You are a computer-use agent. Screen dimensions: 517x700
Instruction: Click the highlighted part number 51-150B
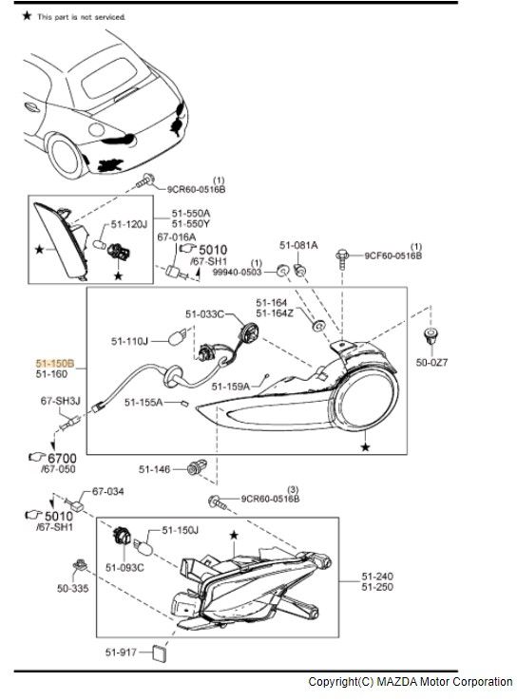[x=55, y=364]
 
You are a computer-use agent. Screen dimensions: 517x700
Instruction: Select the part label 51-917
[x=121, y=653]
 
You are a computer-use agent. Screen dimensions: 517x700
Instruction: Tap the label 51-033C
[x=204, y=314]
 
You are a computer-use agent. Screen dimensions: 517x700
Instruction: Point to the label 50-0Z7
[x=431, y=363]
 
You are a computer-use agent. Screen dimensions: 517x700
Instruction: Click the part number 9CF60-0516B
[x=393, y=255]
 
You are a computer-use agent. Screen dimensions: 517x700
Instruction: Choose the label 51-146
[x=154, y=469]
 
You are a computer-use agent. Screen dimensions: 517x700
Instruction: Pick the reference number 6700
[x=62, y=458]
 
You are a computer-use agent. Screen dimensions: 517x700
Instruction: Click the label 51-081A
[x=298, y=245]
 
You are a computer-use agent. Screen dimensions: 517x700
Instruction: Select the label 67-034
[x=108, y=491]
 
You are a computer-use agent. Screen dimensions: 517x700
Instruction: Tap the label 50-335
[x=73, y=588]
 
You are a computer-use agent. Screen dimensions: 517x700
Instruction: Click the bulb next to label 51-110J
[x=177, y=337]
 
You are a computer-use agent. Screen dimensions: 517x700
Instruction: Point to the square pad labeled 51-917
[x=159, y=653]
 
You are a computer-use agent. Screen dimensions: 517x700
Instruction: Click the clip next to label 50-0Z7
[x=431, y=335]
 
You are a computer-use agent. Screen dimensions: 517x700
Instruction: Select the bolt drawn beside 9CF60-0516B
[x=342, y=259]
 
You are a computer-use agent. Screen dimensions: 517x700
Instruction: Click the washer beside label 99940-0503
[x=282, y=270]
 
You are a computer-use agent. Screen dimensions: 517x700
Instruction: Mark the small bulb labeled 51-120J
[x=98, y=244]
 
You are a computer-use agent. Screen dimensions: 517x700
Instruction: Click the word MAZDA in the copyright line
[x=395, y=682]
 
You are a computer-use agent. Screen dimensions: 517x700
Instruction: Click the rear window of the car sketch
[x=109, y=77]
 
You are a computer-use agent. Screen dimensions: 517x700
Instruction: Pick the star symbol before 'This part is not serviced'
[x=28, y=16]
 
